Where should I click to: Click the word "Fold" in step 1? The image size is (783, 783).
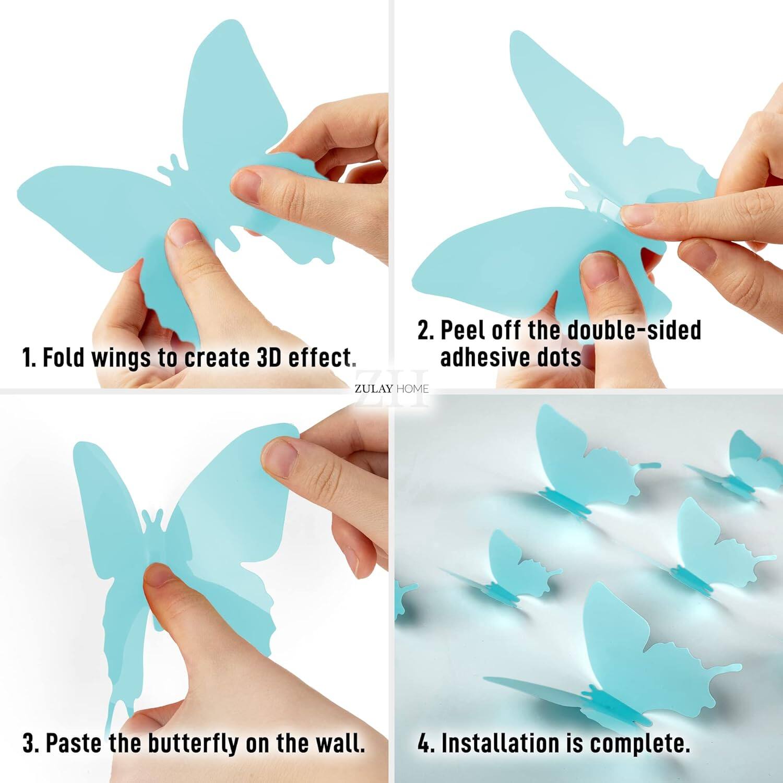[x=63, y=358]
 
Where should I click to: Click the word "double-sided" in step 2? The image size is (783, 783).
[x=634, y=330]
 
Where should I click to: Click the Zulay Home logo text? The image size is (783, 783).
[x=391, y=388]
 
